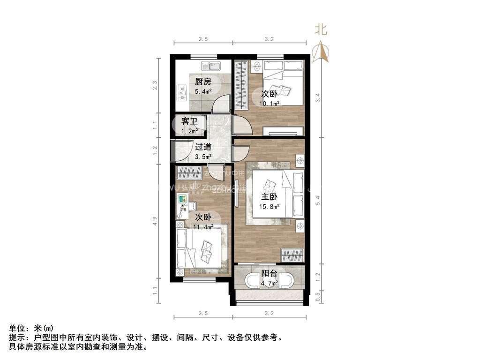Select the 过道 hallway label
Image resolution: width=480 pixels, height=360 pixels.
pyautogui.click(x=203, y=147)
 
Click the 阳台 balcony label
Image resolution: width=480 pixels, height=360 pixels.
pyautogui.click(x=269, y=274)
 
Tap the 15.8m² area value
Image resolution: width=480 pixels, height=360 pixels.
pyautogui.click(x=270, y=206)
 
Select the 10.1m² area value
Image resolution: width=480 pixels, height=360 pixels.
pyautogui.click(x=270, y=103)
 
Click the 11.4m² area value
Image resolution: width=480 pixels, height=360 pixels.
pyautogui.click(x=203, y=227)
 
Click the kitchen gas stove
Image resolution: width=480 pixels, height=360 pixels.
pyautogui.click(x=180, y=93)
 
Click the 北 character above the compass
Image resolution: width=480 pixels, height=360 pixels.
pyautogui.click(x=321, y=30)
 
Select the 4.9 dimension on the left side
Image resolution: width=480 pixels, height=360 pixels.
pyautogui.click(x=156, y=220)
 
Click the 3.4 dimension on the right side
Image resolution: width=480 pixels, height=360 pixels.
pyautogui.click(x=318, y=97)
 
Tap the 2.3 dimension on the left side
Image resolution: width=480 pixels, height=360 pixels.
pyautogui.click(x=156, y=86)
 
